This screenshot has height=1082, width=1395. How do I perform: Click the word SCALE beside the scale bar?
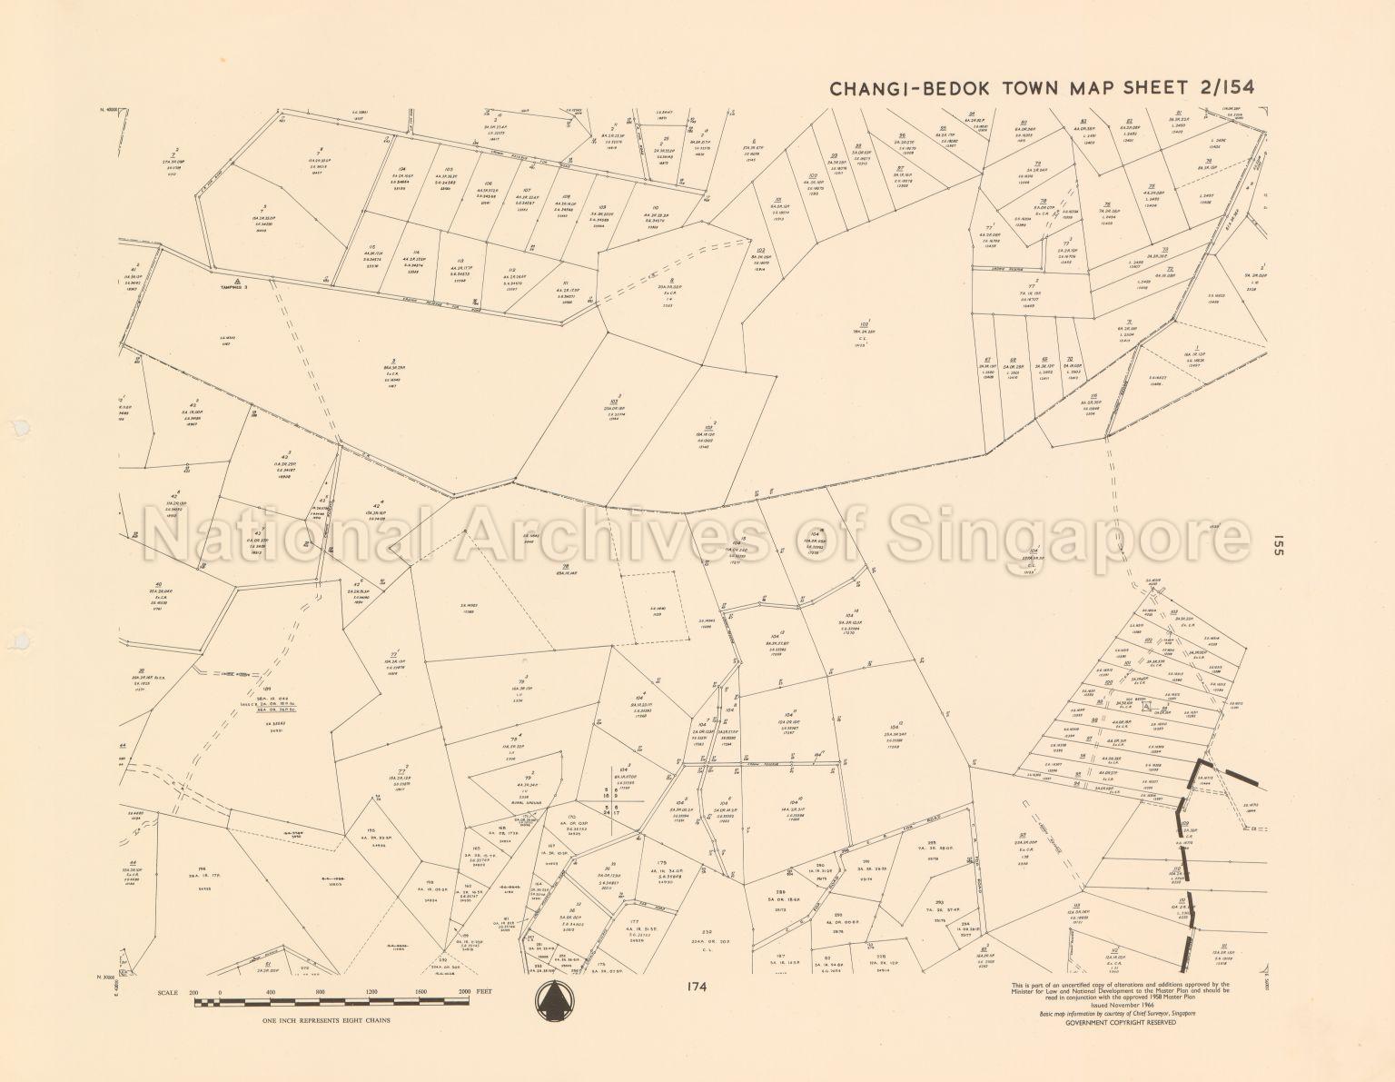pyautogui.click(x=168, y=992)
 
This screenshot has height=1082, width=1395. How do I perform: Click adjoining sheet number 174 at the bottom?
pyautogui.click(x=697, y=986)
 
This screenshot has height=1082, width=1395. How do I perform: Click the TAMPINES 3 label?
pyautogui.click(x=233, y=287)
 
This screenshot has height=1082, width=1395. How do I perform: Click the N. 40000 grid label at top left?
pyautogui.click(x=109, y=111)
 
